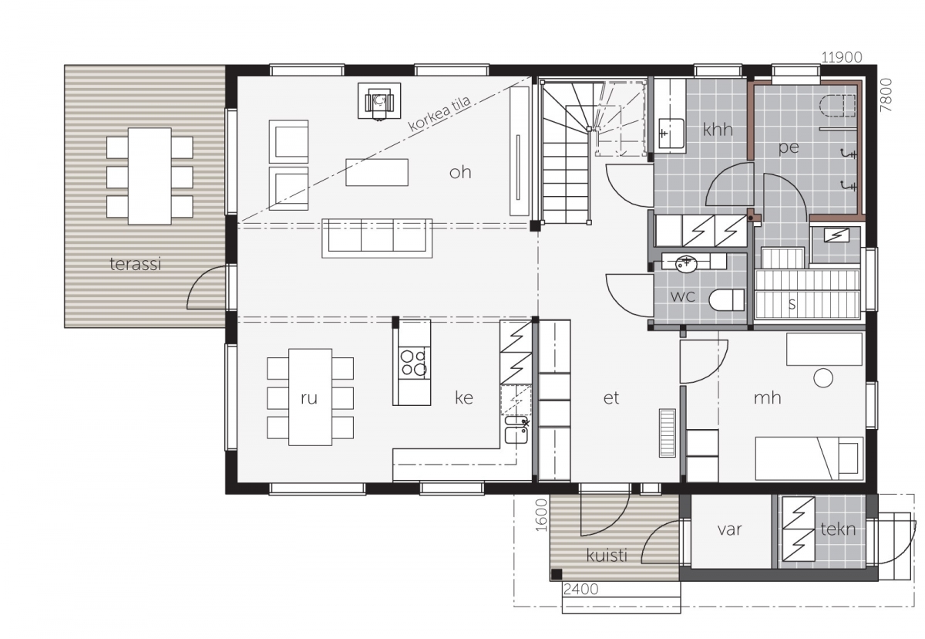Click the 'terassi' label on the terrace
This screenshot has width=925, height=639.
135,264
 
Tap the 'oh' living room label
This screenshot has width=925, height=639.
460,172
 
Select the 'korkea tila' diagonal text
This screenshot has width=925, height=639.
439,114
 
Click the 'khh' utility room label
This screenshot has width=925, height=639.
718,130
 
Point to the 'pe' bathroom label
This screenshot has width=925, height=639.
789,147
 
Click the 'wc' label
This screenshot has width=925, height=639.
683,296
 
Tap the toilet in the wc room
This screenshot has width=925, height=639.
727,299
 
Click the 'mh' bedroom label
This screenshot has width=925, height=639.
767,397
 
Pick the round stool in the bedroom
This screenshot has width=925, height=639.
823,378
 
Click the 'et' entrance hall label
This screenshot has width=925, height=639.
611,397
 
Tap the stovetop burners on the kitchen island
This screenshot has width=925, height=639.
413,363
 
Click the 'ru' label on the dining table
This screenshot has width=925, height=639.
309,398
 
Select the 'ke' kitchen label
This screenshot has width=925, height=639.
464,397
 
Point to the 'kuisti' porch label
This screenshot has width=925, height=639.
607,556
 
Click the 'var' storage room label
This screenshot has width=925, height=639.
729,529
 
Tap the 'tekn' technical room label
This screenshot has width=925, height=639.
838,529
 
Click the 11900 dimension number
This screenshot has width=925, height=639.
842,57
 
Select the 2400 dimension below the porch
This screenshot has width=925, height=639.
580,590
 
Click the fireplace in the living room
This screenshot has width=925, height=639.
379,101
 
